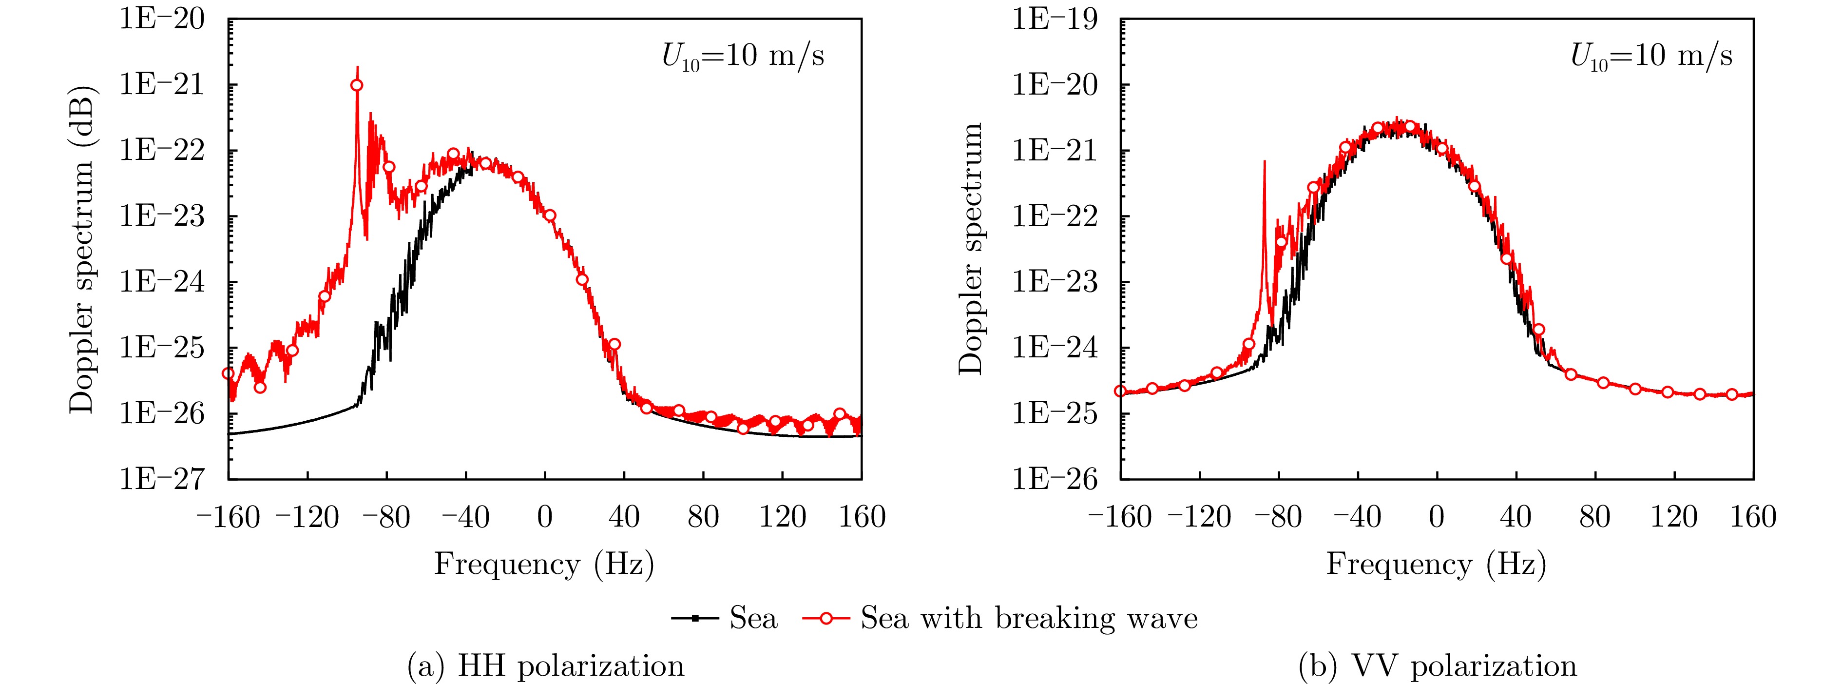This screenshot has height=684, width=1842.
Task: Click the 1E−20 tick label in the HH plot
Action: click(162, 20)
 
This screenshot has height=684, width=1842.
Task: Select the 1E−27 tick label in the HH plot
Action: click(162, 479)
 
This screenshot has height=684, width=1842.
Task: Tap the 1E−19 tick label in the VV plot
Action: click(1054, 20)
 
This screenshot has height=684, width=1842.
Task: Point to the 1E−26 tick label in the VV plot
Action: click(1054, 479)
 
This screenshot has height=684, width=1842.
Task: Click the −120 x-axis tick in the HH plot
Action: click(307, 517)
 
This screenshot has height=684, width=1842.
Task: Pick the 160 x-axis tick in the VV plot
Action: click(1753, 517)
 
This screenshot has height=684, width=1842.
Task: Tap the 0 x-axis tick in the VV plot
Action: click(1437, 517)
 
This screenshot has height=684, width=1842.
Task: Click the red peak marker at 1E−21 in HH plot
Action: click(357, 85)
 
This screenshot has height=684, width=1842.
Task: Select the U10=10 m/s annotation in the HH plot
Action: click(743, 56)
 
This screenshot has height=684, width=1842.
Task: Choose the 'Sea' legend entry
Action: click(724, 618)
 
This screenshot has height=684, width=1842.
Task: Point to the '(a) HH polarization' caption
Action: click(546, 666)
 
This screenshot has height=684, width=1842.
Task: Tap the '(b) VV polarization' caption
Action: click(1437, 666)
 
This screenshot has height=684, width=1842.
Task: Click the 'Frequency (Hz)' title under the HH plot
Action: click(544, 565)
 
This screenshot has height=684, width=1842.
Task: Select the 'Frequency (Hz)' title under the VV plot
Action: click(1437, 565)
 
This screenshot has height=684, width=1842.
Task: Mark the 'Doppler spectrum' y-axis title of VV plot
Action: click(971, 249)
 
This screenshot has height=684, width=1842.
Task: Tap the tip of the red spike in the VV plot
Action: click(1264, 162)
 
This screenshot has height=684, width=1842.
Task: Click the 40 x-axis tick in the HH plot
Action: click(624, 517)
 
